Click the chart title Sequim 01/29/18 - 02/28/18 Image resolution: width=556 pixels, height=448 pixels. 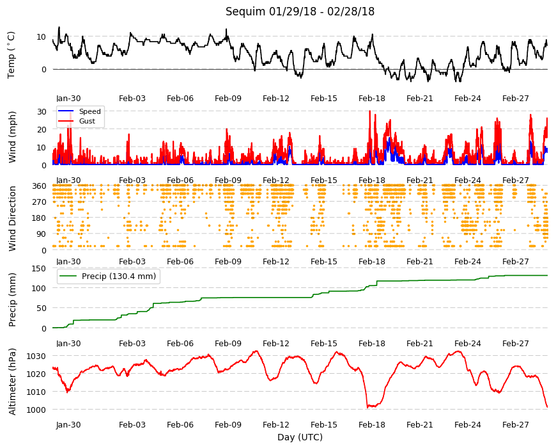tap(300, 12)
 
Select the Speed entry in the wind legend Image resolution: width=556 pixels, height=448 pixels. tap(89, 111)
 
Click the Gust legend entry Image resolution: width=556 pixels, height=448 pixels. tap(87, 121)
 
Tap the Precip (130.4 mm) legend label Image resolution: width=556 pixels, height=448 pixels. tap(119, 276)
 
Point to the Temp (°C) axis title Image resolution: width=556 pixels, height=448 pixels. tap(12, 55)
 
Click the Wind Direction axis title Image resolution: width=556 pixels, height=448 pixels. tap(12, 218)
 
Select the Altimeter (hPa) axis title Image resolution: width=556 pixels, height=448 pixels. tap(12, 381)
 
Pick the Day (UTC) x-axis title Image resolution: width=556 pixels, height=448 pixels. tap(300, 437)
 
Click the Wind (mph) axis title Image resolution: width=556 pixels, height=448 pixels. tap(12, 137)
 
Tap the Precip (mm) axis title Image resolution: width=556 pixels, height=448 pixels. tap(12, 300)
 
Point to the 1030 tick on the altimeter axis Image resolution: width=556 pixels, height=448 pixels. tap(36, 356)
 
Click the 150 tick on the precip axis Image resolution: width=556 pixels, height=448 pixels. tap(39, 268)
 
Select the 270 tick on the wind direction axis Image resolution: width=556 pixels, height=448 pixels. tap(39, 202)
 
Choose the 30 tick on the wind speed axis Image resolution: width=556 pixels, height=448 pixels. tap(42, 111)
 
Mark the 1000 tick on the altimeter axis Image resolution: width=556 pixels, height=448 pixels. tap(36, 410)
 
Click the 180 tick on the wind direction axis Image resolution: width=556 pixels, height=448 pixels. tap(39, 218)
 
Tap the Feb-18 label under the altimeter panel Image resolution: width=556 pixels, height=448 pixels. tap(371, 424)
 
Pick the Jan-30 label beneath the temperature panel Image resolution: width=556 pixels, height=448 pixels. tap(68, 99)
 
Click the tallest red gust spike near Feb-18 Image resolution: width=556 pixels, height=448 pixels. tap(370, 111)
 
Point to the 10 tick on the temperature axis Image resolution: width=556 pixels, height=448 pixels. tap(42, 37)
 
